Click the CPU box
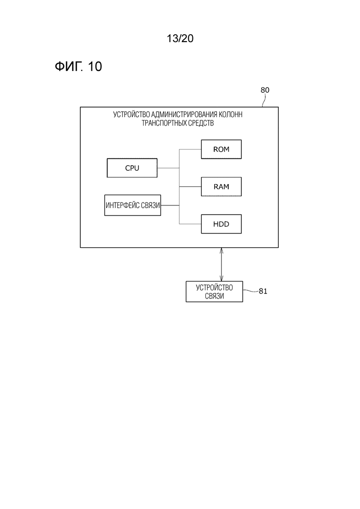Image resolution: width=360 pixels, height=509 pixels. click(x=132, y=168)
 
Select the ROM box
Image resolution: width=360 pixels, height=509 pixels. click(x=221, y=150)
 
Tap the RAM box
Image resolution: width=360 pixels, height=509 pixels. click(x=221, y=186)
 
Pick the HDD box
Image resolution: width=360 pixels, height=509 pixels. click(x=221, y=224)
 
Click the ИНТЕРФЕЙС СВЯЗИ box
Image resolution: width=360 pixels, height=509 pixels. click(x=132, y=205)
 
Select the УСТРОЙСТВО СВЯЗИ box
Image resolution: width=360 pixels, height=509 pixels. click(x=214, y=292)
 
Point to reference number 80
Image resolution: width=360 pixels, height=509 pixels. click(x=265, y=90)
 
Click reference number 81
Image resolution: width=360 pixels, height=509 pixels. click(x=263, y=291)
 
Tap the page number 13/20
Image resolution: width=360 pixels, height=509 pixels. click(x=180, y=38)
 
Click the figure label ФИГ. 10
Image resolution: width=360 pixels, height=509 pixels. click(x=78, y=66)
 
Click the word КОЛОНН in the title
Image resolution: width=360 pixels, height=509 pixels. click(x=231, y=114)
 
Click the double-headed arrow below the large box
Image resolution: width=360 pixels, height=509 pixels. click(x=222, y=264)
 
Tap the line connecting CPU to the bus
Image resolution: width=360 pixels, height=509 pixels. click(x=168, y=168)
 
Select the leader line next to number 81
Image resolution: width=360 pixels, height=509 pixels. click(x=251, y=291)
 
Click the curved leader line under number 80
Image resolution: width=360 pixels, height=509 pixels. click(x=264, y=100)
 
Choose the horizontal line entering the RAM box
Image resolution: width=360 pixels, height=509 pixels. click(x=190, y=186)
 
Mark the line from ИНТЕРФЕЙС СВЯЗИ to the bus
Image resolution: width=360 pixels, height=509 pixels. click(x=170, y=205)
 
